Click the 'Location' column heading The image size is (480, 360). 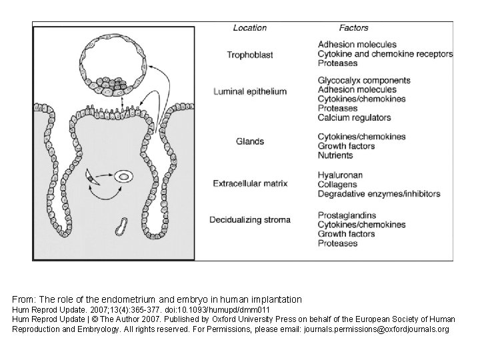pos(250,28)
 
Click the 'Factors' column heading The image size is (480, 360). pos(353,28)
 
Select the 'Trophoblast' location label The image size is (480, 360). pos(250,55)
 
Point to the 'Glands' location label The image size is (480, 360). pos(250,141)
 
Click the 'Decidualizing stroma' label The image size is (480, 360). pos(249,220)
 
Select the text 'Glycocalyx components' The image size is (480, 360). pos(364,81)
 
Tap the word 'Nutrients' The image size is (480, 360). pos(335,155)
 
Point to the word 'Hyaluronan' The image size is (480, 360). pos(340,175)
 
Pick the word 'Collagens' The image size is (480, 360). pos(338,185)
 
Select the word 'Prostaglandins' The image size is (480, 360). pos(347,215)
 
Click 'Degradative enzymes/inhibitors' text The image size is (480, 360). pos(379,194)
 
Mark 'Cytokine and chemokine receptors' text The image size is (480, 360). pos(385,54)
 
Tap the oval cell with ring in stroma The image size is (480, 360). pos(125,177)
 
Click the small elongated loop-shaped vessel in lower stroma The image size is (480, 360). pos(122,225)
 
